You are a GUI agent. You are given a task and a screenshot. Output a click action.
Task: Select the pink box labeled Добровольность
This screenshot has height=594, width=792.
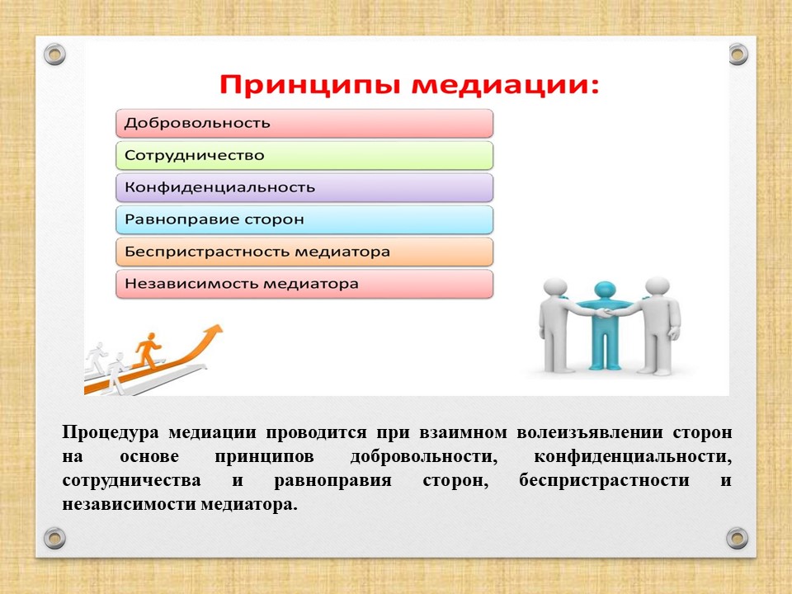click(x=304, y=123)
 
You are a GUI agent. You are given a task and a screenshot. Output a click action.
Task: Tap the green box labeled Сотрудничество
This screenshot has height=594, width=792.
click(x=304, y=155)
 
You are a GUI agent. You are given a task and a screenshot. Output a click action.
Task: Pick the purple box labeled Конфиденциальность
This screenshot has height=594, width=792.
click(x=304, y=187)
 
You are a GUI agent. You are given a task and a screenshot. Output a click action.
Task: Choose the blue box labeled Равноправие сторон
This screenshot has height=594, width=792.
click(x=304, y=219)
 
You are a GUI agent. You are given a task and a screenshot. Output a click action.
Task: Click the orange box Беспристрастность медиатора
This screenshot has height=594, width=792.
click(x=304, y=252)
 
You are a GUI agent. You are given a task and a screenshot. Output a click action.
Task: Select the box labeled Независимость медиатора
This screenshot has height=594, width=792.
click(x=304, y=283)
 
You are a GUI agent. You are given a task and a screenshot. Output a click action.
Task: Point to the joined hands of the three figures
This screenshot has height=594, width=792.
click(x=605, y=313)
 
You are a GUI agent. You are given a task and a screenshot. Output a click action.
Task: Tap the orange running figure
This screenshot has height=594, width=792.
click(x=148, y=350)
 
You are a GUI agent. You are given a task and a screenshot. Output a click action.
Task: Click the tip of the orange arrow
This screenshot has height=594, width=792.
click(x=221, y=326)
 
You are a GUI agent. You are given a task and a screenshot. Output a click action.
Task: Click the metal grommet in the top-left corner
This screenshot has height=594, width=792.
click(x=54, y=54)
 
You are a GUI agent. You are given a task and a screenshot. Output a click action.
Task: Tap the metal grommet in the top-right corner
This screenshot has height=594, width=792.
click(x=738, y=54)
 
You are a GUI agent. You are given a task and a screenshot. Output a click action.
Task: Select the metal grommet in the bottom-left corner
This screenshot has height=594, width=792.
click(x=54, y=538)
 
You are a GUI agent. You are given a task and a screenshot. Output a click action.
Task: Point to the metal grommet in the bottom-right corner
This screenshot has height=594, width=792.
click(x=737, y=538)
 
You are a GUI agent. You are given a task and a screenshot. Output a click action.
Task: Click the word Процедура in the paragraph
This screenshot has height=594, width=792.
click(x=110, y=433)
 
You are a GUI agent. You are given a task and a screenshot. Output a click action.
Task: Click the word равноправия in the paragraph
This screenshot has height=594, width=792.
click(x=332, y=481)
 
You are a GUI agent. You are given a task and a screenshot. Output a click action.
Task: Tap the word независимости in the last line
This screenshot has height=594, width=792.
click(x=130, y=504)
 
